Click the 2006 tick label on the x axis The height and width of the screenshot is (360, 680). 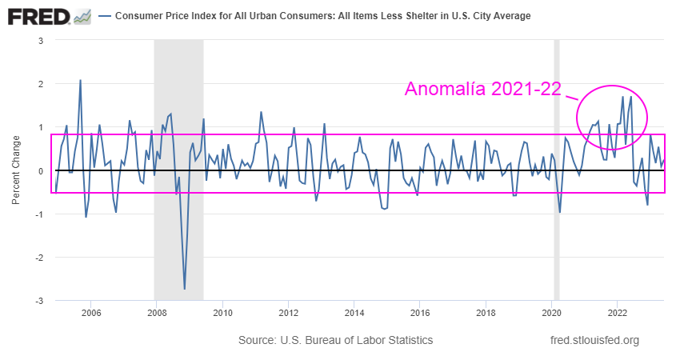[x=90, y=313]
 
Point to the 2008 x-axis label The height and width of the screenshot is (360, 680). [x=156, y=313]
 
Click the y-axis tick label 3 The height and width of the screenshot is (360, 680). [x=41, y=40]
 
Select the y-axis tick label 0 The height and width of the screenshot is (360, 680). [x=41, y=170]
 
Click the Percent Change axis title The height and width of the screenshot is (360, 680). [x=16, y=170]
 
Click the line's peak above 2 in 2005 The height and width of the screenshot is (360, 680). [x=80, y=80]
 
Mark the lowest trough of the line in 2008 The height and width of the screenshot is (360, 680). [x=185, y=289]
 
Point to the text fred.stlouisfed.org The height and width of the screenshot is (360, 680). [x=595, y=341]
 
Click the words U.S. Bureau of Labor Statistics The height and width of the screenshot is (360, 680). [x=356, y=341]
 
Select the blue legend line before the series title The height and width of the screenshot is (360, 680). [x=106, y=16]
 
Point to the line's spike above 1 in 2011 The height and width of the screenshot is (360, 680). [x=261, y=112]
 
